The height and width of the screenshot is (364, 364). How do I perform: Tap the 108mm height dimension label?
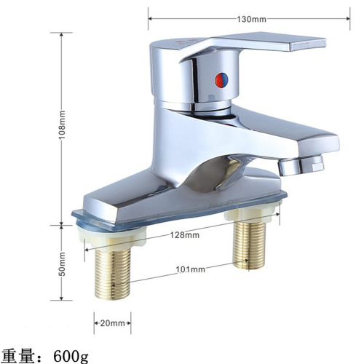63,128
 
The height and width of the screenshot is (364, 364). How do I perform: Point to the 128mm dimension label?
186,235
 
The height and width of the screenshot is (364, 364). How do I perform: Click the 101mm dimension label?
191,269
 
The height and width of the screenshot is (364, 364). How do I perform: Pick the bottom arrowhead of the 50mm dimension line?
63,298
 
